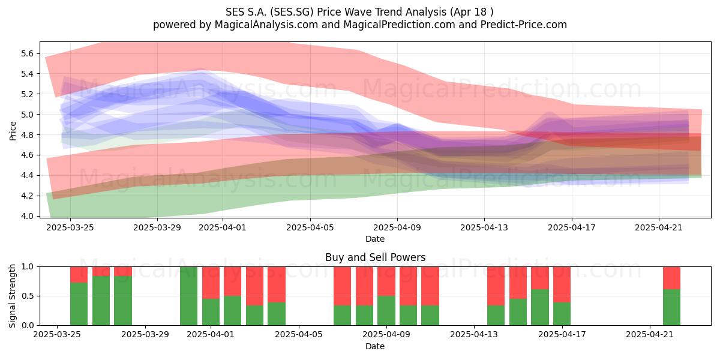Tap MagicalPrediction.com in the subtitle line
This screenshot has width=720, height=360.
pyautogui.click(x=399, y=25)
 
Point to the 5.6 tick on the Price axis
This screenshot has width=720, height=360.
pyautogui.click(x=28, y=53)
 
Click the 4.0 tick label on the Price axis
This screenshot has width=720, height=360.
pyautogui.click(x=28, y=216)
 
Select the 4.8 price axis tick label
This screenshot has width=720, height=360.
pyautogui.click(x=28, y=134)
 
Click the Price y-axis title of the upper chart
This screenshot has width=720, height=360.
pyautogui.click(x=13, y=131)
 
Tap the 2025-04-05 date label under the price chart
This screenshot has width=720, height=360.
pyautogui.click(x=310, y=228)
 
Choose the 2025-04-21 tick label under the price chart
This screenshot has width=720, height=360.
pyautogui.click(x=659, y=228)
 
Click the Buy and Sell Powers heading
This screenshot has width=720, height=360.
pyautogui.click(x=375, y=257)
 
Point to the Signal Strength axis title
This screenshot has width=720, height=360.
pyautogui.click(x=13, y=296)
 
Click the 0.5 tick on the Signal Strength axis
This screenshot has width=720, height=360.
pyautogui.click(x=28, y=296)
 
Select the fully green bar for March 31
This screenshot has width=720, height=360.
pyautogui.click(x=188, y=296)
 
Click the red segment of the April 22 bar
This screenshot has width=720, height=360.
pyautogui.click(x=672, y=278)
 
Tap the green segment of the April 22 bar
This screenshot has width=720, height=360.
pyautogui.click(x=672, y=307)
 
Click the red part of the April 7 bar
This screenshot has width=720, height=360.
pyautogui.click(x=343, y=286)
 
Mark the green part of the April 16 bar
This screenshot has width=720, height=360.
pyautogui.click(x=540, y=307)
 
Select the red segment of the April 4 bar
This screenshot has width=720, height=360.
pyautogui.click(x=277, y=284)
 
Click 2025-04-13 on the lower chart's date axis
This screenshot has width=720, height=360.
pyautogui.click(x=474, y=335)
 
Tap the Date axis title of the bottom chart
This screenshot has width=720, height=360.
pyautogui.click(x=375, y=347)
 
